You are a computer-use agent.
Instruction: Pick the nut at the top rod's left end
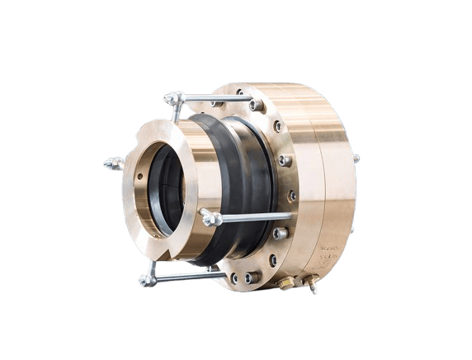174,99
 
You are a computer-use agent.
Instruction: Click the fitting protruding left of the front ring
114,163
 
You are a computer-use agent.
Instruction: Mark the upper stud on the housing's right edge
356,159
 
